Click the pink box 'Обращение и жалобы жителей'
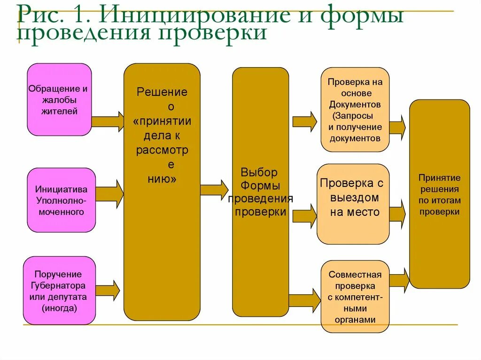(59, 100)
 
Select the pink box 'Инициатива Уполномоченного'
(61, 200)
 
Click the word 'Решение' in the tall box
(162, 92)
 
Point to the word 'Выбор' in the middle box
(259, 172)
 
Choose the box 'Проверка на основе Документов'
(355, 109)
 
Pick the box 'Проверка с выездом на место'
(353, 203)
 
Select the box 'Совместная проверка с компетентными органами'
(355, 297)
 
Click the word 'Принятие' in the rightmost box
(439, 178)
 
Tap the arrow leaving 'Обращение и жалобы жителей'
(108, 122)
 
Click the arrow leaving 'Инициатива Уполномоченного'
(109, 193)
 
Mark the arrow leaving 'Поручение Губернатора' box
(107, 290)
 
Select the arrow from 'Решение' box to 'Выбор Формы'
(214, 190)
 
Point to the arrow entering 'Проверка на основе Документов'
(305, 122)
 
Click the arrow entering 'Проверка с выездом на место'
(305, 215)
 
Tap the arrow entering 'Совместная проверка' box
(304, 300)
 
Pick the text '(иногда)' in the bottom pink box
(59, 308)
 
